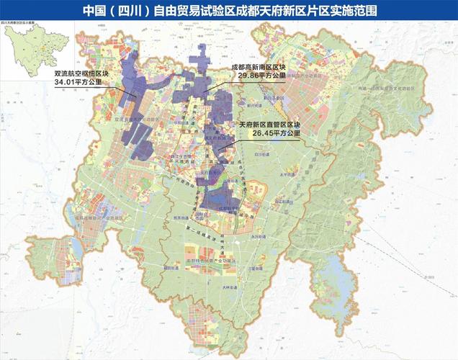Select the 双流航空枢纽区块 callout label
point(77,74)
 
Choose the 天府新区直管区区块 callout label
point(270,125)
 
